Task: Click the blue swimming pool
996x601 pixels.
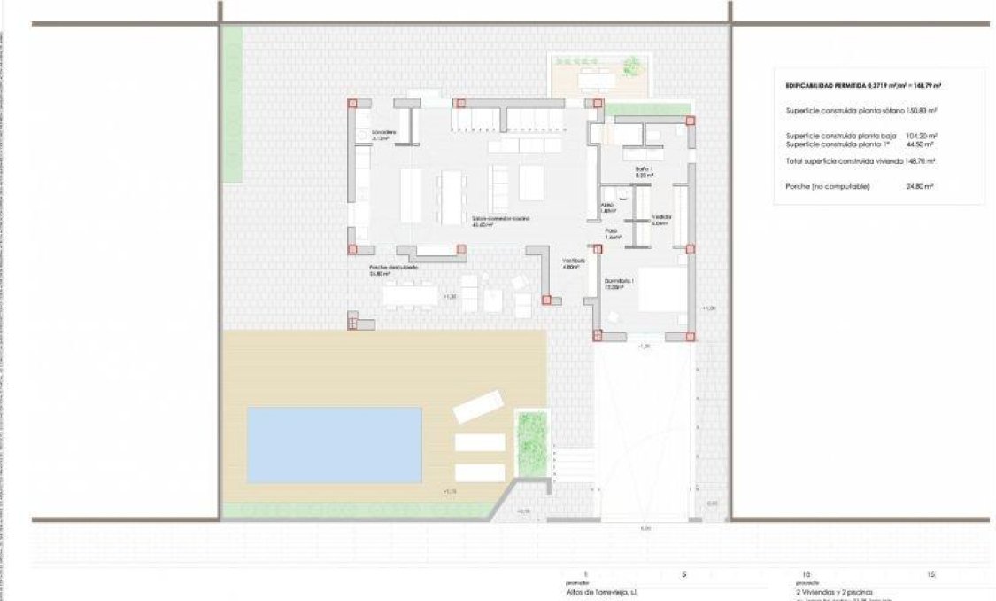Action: [334, 445]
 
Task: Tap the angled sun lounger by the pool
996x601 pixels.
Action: [478, 409]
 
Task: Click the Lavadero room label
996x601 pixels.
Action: [383, 135]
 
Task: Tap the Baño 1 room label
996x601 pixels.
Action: [644, 171]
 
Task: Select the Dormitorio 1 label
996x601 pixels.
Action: [620, 283]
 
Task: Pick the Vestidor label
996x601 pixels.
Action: [661, 219]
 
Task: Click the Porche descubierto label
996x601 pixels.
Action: [394, 269]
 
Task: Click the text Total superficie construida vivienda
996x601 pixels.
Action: [845, 161]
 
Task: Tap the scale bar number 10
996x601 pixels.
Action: [805, 574]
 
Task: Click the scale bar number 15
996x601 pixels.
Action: [930, 574]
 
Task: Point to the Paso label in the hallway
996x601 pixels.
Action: [612, 235]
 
